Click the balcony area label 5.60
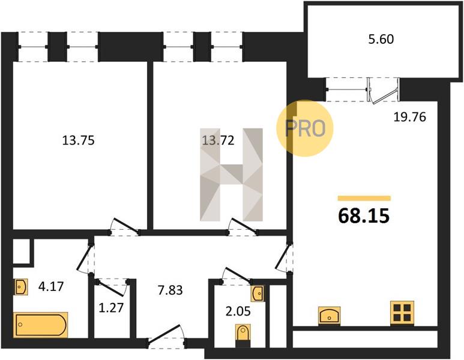click(381, 40)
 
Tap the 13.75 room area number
click(79, 140)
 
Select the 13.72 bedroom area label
click(218, 140)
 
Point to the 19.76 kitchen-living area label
click(409, 117)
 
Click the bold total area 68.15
click(364, 215)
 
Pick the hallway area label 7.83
click(170, 290)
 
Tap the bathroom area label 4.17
click(51, 286)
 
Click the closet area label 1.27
click(111, 308)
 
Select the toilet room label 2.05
click(238, 311)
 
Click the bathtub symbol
click(41, 325)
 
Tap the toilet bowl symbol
click(243, 335)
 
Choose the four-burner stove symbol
click(402, 313)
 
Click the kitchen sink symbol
click(330, 316)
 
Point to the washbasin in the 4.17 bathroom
click(20, 287)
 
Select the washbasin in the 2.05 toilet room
click(258, 293)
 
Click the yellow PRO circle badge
click(305, 128)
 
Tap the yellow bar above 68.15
click(364, 198)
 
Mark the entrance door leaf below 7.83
click(164, 334)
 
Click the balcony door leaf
click(384, 95)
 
